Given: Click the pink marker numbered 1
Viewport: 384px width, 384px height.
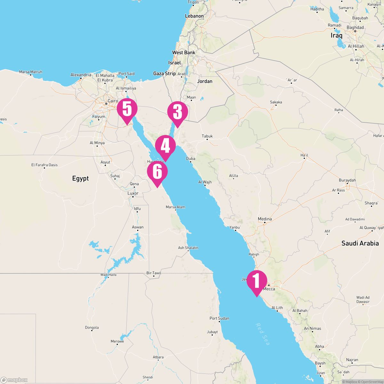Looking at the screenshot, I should point(257,281).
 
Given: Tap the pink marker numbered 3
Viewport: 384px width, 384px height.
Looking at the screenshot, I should point(178,112).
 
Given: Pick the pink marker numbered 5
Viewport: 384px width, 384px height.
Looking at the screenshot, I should point(127,109).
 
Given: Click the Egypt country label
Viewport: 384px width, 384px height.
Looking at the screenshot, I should point(80,179).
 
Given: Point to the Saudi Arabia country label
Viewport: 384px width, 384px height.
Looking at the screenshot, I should point(360,243).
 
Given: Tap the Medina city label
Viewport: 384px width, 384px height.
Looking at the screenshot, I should point(265,219).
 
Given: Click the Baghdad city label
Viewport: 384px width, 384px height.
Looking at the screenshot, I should point(355,28).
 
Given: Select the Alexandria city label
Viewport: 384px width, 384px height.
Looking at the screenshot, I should point(81,75).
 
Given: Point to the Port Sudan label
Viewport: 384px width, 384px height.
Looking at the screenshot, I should point(219,318).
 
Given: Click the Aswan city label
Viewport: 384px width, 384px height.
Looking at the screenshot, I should point(138,227).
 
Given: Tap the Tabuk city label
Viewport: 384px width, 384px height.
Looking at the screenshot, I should point(207,136).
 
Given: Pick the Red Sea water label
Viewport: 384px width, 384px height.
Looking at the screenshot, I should point(263,334).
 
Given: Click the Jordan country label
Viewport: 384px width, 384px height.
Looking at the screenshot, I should point(204,81).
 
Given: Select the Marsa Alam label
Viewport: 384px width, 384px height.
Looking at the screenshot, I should point(175,207).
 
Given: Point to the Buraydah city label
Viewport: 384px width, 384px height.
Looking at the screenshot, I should point(347,180).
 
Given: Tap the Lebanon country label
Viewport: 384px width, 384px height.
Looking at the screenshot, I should point(194,16).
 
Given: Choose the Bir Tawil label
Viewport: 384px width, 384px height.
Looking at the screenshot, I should point(154,273).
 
